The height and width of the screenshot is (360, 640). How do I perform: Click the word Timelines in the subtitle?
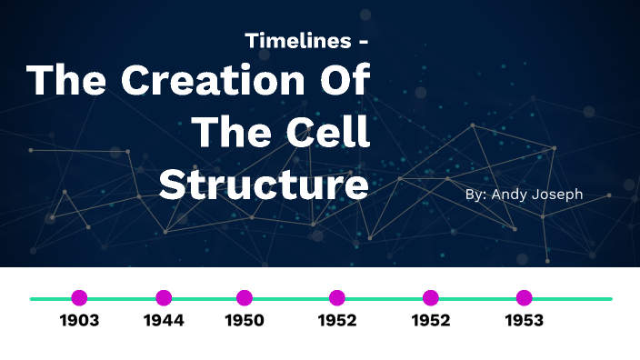tap(295, 42)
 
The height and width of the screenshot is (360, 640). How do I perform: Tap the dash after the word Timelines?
tap(364, 43)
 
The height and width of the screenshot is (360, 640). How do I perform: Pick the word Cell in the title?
tap(332, 134)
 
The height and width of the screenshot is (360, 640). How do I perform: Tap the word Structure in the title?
tap(264, 185)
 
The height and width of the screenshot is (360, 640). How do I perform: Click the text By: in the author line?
tap(475, 195)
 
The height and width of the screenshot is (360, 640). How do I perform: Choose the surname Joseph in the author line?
tap(559, 195)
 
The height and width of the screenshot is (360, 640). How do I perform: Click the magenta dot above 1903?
tap(79, 297)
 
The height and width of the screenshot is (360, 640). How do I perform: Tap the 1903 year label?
tap(79, 320)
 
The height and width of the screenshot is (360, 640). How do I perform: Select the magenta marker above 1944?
tap(164, 297)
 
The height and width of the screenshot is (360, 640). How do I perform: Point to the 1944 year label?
tap(164, 320)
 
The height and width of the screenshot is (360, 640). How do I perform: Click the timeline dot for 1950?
tap(245, 297)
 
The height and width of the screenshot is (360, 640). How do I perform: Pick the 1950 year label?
tap(245, 320)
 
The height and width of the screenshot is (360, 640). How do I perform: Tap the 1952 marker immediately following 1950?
tap(337, 297)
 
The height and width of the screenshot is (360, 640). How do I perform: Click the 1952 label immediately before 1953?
tap(431, 320)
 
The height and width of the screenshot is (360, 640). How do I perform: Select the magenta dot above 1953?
tap(524, 297)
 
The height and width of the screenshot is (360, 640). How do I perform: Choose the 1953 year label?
tap(524, 320)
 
